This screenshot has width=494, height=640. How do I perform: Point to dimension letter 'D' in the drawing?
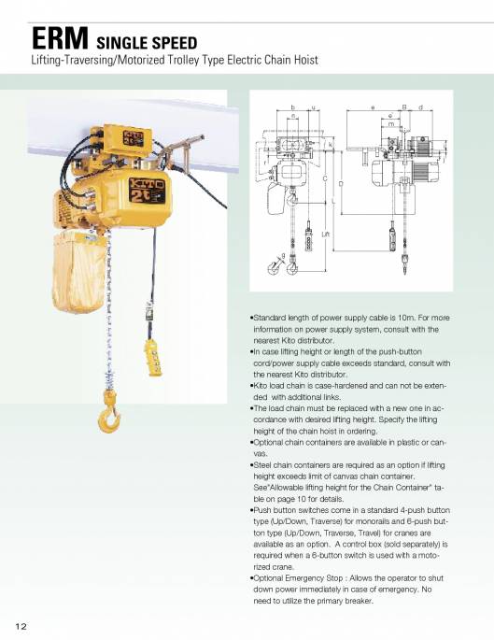pos(341,183)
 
